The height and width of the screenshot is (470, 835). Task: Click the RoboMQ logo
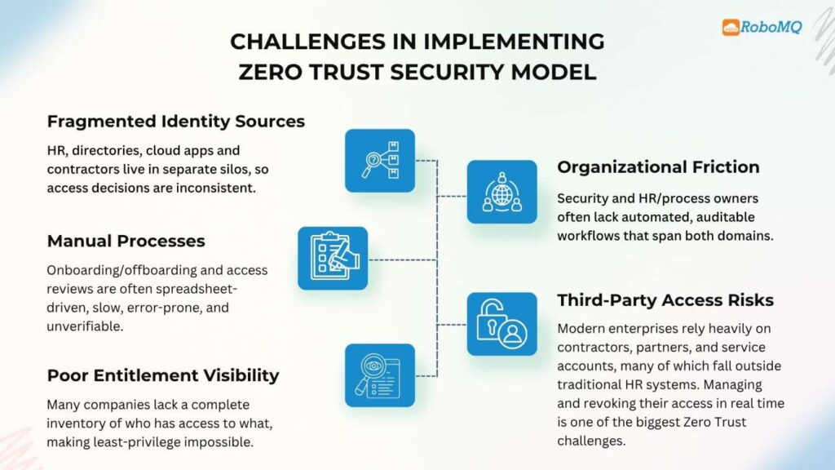[x=762, y=27]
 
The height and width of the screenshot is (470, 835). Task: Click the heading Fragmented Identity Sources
[x=176, y=122]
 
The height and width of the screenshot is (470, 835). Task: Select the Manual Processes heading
[x=126, y=241]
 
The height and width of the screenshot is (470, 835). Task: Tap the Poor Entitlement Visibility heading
[x=163, y=375]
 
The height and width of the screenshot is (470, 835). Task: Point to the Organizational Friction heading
[x=658, y=167]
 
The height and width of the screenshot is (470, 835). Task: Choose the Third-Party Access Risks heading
[x=665, y=300]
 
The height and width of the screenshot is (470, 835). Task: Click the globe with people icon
[x=501, y=192]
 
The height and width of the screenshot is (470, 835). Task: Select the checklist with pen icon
[x=333, y=258]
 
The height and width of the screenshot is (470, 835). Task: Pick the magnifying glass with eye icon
[x=380, y=375]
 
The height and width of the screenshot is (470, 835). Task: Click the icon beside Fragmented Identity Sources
[x=380, y=160]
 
